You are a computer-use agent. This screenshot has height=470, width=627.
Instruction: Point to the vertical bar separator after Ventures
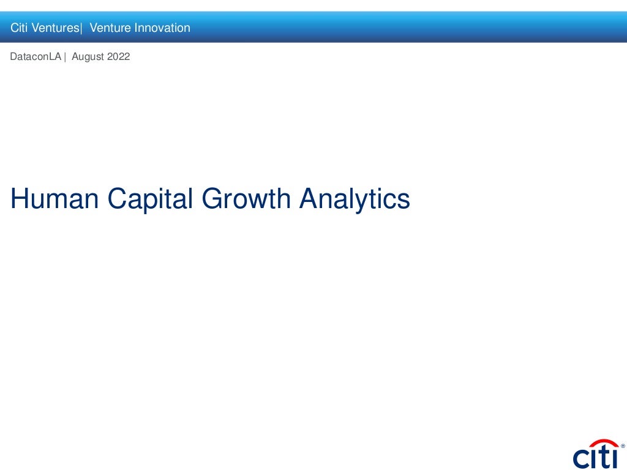(x=81, y=28)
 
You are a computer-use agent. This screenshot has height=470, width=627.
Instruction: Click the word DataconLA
(x=36, y=57)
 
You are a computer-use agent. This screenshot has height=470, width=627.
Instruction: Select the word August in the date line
(x=88, y=57)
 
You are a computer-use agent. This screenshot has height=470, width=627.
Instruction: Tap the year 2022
(x=118, y=57)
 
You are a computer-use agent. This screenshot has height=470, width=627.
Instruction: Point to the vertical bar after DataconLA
(x=65, y=57)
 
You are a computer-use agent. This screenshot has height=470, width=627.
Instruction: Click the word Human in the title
(x=54, y=199)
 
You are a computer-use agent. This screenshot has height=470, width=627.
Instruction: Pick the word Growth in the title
(x=247, y=199)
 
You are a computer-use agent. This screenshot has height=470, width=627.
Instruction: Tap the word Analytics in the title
(x=355, y=199)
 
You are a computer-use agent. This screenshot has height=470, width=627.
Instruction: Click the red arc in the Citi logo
(x=603, y=443)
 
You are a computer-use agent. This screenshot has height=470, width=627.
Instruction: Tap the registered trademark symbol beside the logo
(x=623, y=446)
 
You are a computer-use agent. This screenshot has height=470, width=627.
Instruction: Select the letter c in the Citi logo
(x=581, y=458)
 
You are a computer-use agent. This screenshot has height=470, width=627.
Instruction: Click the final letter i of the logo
(x=614, y=457)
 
